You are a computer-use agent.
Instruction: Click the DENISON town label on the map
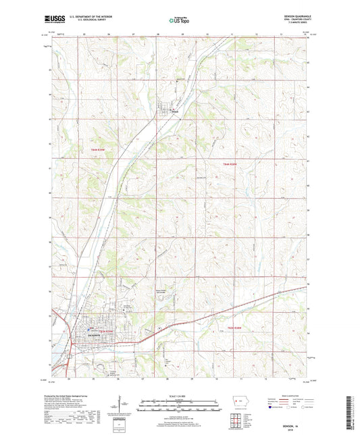tap(93, 335)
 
